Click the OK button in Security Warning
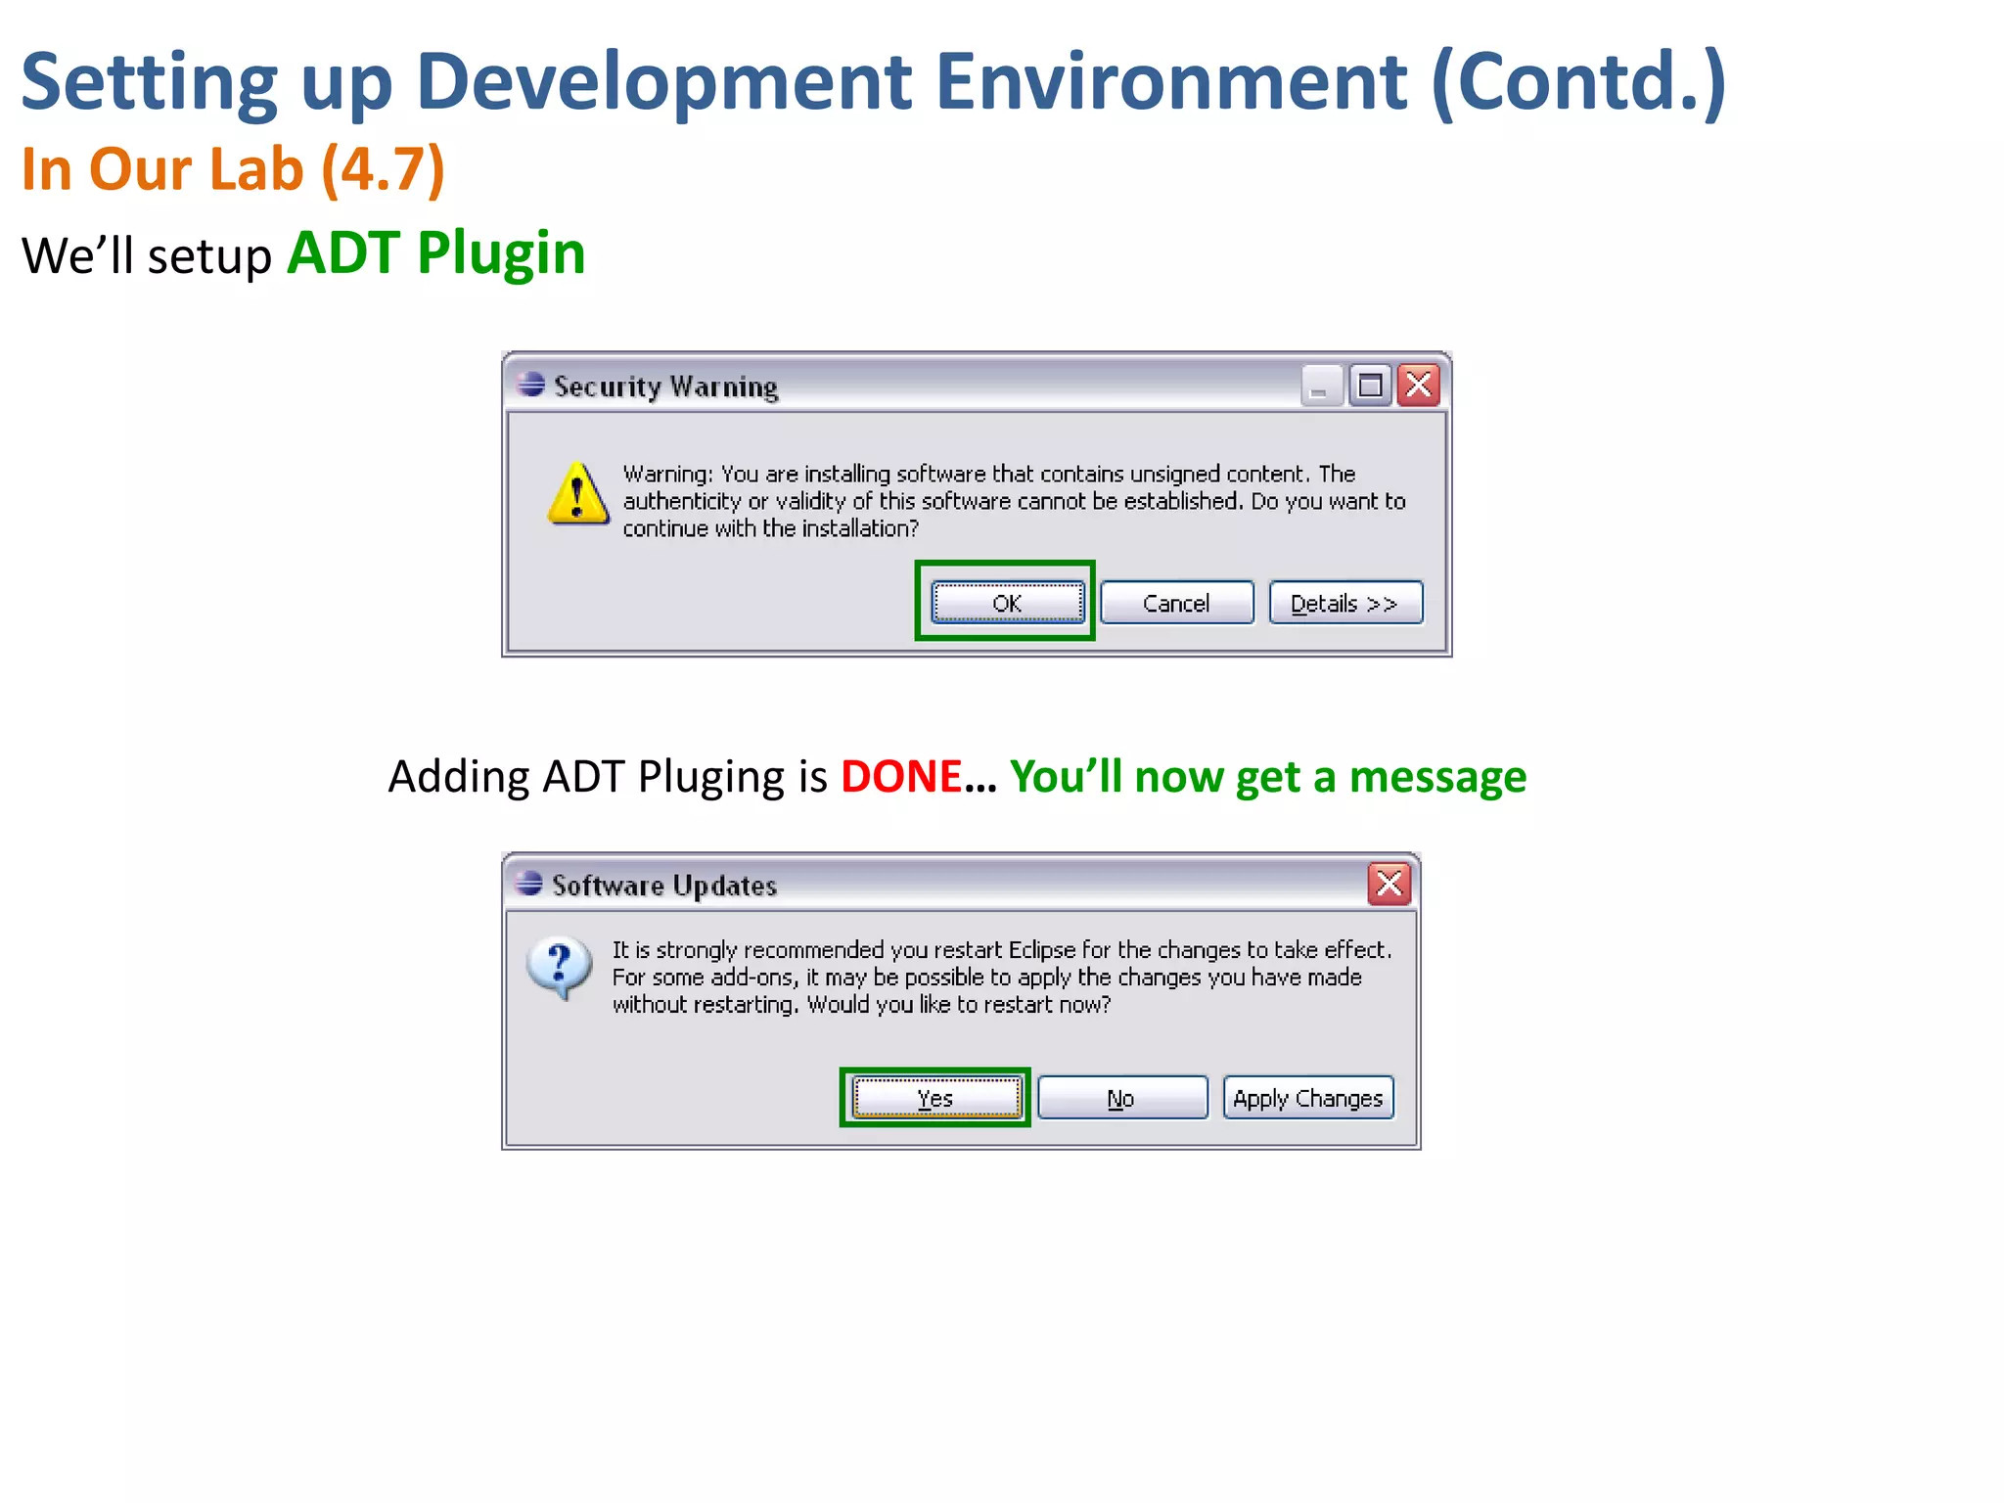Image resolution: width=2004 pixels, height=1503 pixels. coord(1007,603)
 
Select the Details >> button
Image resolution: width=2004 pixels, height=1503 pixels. coord(1345,603)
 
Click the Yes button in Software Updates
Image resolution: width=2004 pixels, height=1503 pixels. coord(935,1098)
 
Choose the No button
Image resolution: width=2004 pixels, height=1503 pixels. coord(1121,1098)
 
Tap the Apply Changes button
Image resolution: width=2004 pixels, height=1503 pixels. coord(1308,1098)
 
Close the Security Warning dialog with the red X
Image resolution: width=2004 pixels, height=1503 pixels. coord(1419,386)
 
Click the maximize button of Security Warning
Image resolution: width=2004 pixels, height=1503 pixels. coord(1370,386)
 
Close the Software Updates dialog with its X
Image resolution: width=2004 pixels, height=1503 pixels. coord(1389,884)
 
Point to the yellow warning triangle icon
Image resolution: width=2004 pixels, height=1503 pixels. coord(577,494)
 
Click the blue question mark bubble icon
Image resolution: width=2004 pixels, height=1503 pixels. coord(559,967)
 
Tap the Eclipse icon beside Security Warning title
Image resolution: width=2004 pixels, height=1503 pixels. coord(531,385)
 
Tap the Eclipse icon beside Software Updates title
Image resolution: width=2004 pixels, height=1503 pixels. coord(529,884)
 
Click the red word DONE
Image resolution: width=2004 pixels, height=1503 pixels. coord(901,777)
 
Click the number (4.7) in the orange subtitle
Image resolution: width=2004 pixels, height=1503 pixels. coord(383,169)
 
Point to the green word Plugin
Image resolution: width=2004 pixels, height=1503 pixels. coord(501,253)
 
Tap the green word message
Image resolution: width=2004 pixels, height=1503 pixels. coord(1437,777)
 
